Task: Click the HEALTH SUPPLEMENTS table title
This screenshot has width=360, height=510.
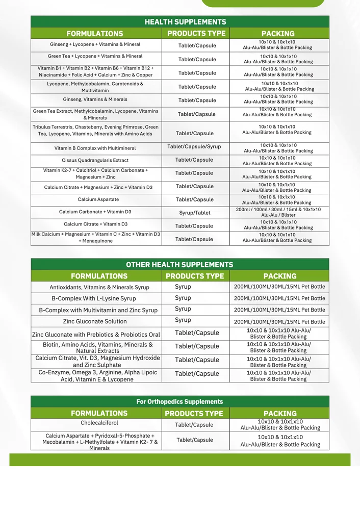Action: click(x=185, y=22)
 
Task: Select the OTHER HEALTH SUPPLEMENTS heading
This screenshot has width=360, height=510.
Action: click(x=179, y=265)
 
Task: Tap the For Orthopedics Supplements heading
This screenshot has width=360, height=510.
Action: click(x=179, y=402)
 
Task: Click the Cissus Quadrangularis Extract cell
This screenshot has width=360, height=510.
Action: click(x=95, y=160)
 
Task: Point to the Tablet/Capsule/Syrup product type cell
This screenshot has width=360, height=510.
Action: click(x=194, y=147)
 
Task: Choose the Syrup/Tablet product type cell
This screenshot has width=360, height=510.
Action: click(x=194, y=213)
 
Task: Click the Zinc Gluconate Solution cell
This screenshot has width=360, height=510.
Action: click(x=95, y=321)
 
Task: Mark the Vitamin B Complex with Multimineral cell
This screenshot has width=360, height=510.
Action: click(x=95, y=148)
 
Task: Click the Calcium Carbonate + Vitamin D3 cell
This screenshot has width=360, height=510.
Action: click(x=95, y=212)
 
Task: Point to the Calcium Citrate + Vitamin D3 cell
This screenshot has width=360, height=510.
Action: click(x=96, y=224)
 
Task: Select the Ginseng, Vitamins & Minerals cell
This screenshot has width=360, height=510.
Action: click(x=95, y=99)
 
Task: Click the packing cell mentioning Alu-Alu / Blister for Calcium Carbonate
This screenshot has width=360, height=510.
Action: click(x=278, y=213)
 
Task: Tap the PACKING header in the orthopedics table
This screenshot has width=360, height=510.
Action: click(x=280, y=414)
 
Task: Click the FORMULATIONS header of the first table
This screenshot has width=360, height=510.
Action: click(x=95, y=34)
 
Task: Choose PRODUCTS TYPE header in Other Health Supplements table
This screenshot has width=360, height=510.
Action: click(x=195, y=276)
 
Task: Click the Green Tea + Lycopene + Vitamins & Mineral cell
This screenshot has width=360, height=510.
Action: click(x=95, y=56)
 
